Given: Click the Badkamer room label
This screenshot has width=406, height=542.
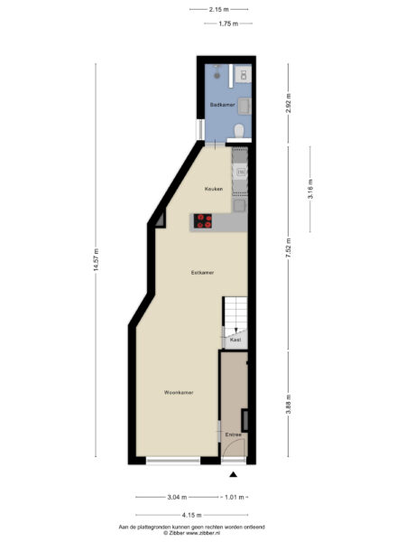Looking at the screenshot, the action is click(x=223, y=105).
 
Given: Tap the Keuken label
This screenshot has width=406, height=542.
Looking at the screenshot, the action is click(x=214, y=189).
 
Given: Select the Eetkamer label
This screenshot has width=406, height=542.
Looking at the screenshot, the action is click(x=202, y=273).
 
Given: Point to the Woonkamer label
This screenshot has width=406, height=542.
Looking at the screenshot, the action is click(x=179, y=393).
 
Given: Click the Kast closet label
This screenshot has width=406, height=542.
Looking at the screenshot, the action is click(x=235, y=341).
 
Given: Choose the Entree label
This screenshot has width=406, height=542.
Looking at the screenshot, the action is click(x=234, y=435).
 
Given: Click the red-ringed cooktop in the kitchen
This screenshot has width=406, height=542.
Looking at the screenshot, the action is click(x=203, y=221).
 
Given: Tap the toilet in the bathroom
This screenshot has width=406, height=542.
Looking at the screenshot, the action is click(x=239, y=131).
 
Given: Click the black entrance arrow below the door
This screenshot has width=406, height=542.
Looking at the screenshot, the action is click(x=234, y=474).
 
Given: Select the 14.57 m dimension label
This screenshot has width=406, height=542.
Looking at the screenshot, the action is click(x=96, y=259).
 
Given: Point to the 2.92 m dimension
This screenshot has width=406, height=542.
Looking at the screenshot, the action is click(x=289, y=103).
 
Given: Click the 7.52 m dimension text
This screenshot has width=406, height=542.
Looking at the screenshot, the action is click(x=289, y=248).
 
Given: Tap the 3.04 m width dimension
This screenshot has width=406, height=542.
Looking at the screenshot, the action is click(x=177, y=498).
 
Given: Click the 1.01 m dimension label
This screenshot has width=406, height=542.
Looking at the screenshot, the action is click(x=235, y=498).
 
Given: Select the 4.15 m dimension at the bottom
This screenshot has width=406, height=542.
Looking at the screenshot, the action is click(x=191, y=515).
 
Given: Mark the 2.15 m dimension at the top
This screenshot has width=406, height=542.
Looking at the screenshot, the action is click(x=219, y=10).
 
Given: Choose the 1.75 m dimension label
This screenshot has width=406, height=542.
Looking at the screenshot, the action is click(x=228, y=23).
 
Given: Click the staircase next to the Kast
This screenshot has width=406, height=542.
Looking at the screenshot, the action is click(x=235, y=313).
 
